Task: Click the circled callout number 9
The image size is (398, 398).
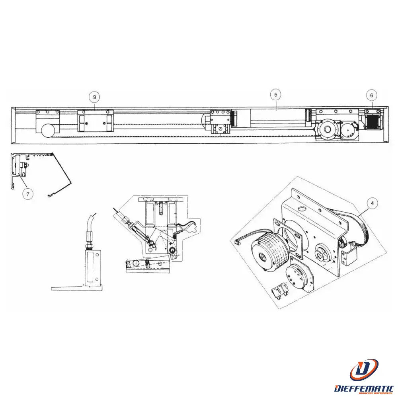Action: point(94,97)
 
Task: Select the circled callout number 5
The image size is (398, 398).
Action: point(275,95)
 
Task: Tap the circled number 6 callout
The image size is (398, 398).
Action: point(372,96)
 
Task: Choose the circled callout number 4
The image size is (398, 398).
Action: point(372,203)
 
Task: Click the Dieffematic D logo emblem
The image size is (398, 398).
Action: point(363,370)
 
